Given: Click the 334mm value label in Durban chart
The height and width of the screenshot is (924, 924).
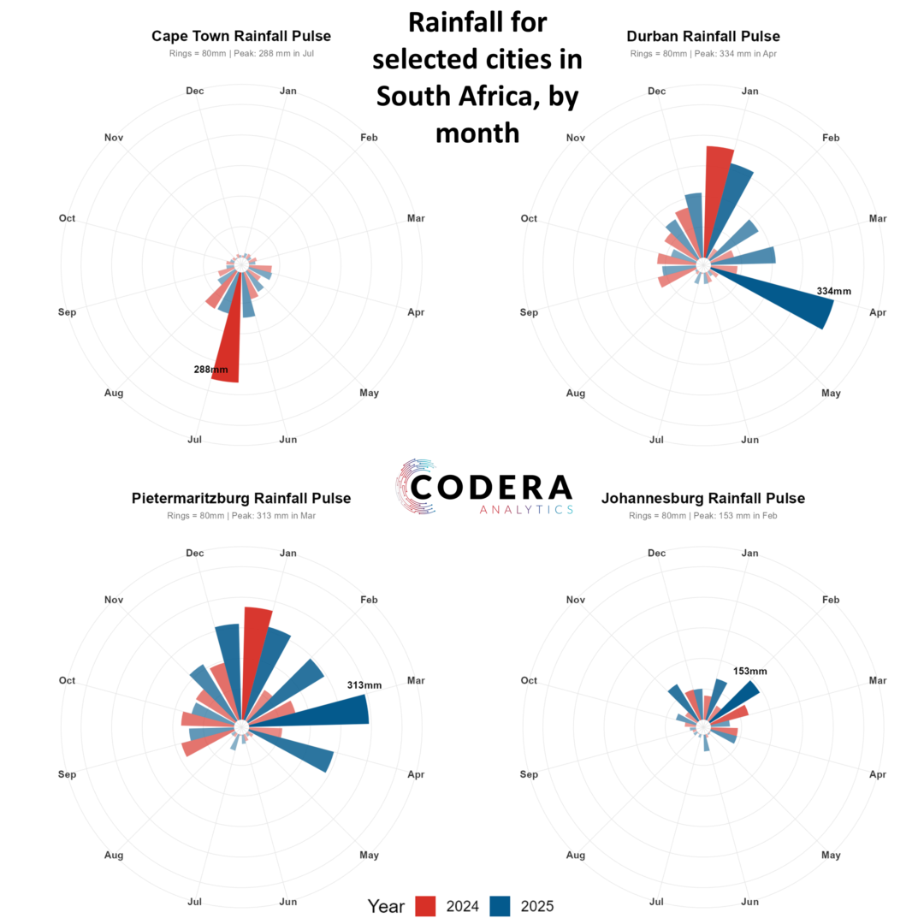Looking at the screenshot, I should click(834, 291).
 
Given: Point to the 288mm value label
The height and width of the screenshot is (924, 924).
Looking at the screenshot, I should click(210, 370).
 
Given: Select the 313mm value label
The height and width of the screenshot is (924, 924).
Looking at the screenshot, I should click(364, 685).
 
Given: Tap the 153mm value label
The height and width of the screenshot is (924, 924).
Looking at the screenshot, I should click(750, 671).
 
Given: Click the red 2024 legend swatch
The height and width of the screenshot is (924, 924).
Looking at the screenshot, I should click(425, 906).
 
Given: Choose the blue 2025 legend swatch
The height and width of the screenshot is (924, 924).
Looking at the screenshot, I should click(500, 906).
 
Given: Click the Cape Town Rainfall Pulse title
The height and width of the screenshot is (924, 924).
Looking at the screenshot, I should click(241, 36).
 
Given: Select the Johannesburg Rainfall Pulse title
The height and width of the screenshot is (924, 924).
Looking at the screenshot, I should click(703, 498).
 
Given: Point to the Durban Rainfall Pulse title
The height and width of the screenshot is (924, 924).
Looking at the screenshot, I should click(703, 36).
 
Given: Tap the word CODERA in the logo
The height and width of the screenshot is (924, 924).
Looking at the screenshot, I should click(491, 488).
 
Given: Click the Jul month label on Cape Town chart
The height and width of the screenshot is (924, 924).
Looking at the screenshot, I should click(194, 440).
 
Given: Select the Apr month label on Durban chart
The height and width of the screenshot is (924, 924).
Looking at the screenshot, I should click(878, 312).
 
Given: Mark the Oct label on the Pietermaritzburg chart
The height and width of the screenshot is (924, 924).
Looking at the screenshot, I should click(68, 680).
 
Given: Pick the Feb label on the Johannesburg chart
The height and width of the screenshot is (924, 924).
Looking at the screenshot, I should click(831, 600).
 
